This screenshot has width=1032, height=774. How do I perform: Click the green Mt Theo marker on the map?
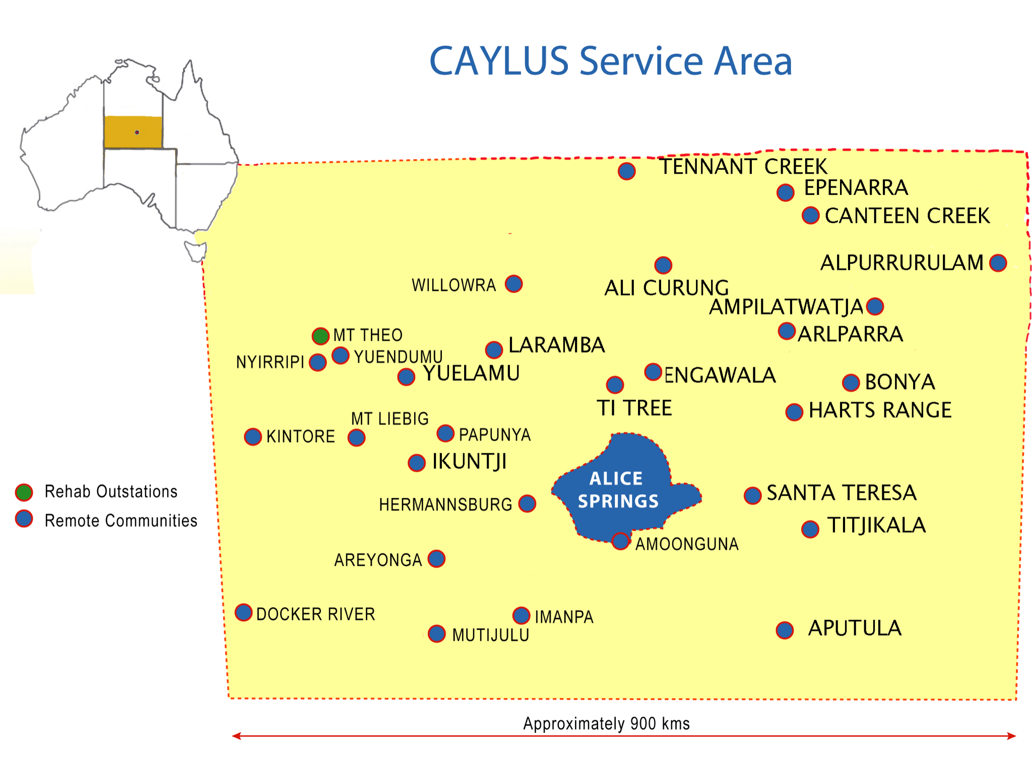pos(320,336)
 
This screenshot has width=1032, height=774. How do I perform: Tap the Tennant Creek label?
pos(743,167)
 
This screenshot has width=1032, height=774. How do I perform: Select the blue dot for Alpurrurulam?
pos(998,263)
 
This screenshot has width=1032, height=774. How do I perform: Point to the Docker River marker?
pos(244,612)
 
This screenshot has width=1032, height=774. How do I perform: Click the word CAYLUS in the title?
pos(498,61)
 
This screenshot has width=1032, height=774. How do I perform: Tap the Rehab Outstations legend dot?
pos(24,492)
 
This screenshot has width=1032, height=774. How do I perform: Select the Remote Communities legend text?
pos(121,521)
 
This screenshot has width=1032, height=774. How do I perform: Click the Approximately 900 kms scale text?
pos(606,724)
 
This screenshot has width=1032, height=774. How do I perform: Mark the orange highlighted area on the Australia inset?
pos(133,132)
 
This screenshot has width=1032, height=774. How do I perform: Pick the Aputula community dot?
pos(785,630)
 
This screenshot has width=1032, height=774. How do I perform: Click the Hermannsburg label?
pos(445,504)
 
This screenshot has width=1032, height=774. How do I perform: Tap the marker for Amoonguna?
pos(620,541)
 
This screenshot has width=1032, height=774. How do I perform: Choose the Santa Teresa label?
pos(841,493)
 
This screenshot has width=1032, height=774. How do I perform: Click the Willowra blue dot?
pos(513,284)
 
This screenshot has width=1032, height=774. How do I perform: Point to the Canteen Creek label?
pos(907,216)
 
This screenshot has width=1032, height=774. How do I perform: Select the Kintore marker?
pos(253,437)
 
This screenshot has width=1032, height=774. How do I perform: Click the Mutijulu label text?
pos(490,635)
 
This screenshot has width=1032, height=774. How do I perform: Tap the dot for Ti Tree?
pos(615,384)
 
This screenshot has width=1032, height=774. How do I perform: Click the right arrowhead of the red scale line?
pos(1012,736)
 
